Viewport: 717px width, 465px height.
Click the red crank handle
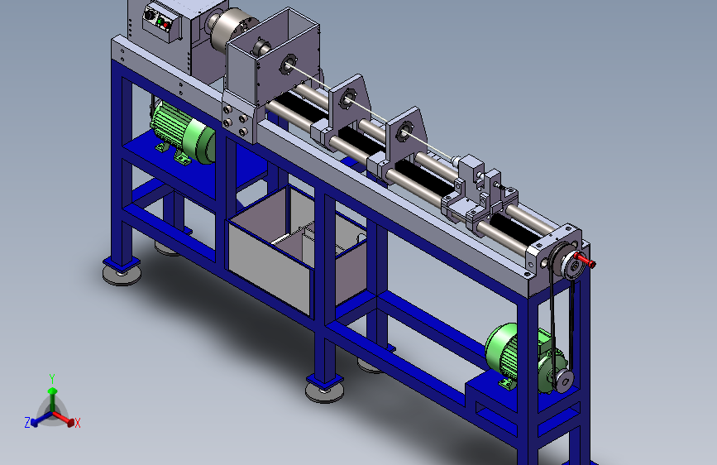pos(586,261)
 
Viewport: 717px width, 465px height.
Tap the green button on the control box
pos(159,22)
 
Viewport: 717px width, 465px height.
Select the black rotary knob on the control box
pos(149,15)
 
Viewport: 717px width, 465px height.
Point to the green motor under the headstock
pos(183,132)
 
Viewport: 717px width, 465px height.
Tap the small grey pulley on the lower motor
pos(564,381)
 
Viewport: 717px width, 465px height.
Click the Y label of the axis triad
pos(52,379)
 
